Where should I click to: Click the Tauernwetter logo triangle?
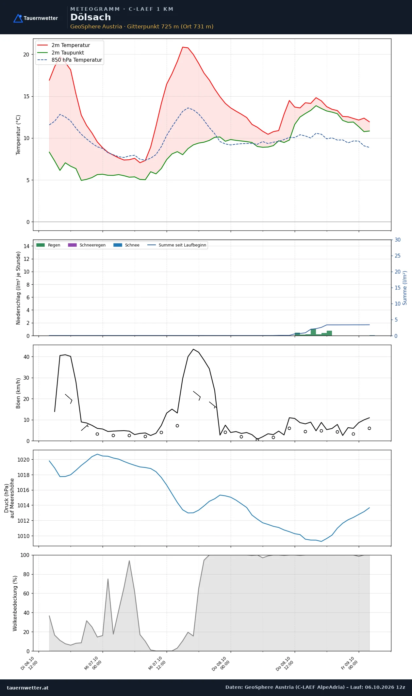pos(18,18)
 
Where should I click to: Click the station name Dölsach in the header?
pos(91,17)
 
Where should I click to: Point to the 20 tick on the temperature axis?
pos(26,55)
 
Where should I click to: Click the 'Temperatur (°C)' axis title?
pos(18,135)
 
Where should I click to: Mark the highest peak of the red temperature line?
pos(183,47)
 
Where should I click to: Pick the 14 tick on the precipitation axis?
pos(26,246)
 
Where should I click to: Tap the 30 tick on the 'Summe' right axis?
pos(398,240)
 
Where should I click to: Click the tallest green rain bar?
pos(313,332)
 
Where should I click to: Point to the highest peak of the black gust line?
pos(193,349)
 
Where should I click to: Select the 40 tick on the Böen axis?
pos(26,357)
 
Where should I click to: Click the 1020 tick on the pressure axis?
pos(23,460)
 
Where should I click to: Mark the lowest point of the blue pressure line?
pos(321,541)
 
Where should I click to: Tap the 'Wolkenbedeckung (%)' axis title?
pos(15,603)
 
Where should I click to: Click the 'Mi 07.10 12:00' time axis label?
pos(157,663)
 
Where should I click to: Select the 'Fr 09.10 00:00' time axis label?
pos(350,663)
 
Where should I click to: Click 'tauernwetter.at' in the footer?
pos(28,688)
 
